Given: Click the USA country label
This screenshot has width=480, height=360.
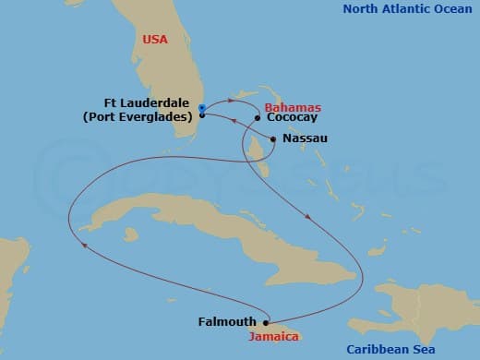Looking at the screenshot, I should point(156,40).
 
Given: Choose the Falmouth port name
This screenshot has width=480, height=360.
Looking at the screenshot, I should point(228,322).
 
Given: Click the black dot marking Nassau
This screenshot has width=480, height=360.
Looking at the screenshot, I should point(273,138).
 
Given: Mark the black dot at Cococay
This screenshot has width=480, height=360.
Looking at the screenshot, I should point(257,118).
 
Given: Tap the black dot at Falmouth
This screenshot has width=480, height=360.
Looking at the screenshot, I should point(266,322).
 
